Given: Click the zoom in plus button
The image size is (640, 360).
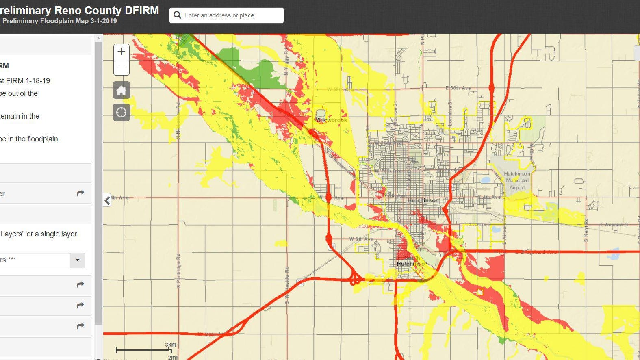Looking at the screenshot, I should [121, 52].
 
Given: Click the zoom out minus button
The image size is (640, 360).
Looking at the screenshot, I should [121, 67].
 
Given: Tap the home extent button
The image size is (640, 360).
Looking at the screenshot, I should [121, 90].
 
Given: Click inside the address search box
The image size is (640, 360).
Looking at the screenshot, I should [232, 15].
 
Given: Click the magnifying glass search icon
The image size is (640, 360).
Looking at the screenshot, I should [177, 15].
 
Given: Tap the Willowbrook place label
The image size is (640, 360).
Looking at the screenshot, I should [331, 120].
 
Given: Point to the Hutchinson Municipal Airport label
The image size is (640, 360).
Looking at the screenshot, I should [517, 180].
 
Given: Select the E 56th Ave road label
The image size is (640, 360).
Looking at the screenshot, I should [458, 88].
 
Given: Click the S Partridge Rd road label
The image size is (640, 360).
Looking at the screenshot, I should [178, 271].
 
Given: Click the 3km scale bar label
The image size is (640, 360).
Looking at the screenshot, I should [171, 345].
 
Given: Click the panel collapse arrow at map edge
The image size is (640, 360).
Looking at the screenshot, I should [107, 200].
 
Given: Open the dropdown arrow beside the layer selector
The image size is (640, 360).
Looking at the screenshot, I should [77, 260].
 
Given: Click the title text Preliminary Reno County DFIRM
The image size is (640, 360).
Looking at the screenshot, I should [80, 10].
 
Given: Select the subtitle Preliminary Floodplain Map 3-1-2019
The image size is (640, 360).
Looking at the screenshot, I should [59, 21].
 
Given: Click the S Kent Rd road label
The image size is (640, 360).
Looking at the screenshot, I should [586, 230].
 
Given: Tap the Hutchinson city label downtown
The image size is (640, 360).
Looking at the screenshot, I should [423, 200].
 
